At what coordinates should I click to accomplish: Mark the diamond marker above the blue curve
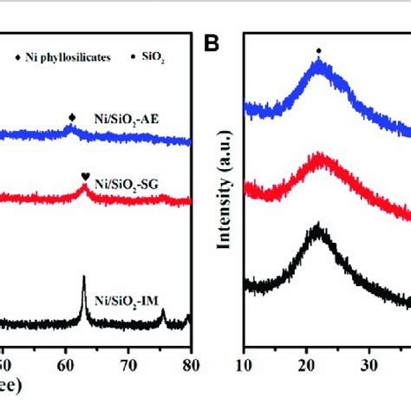pos(72,115)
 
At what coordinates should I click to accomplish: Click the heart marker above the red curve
pos(85,177)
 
